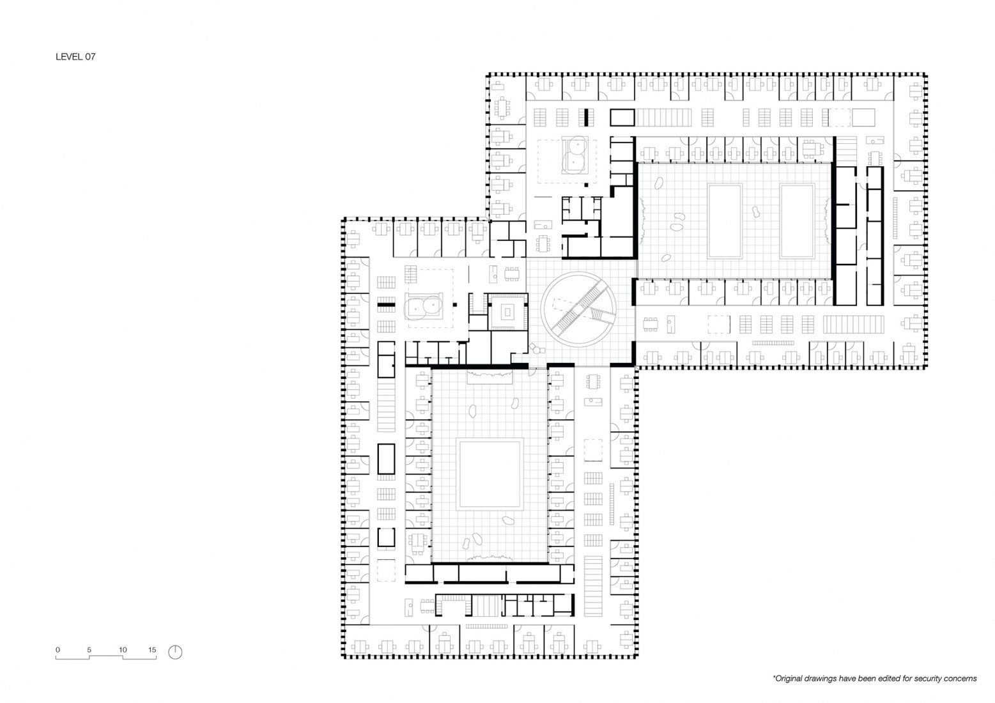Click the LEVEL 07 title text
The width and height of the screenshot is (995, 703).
pos(76,57)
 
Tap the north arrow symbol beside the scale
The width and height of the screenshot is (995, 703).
pos(175,652)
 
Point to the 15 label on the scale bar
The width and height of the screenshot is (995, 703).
pos(152,650)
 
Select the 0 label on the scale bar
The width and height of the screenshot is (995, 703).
pos(58,650)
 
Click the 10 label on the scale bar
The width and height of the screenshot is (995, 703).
pos(123,650)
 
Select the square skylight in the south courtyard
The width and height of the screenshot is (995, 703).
pos(490,473)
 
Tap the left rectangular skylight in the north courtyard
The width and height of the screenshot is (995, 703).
pos(725,220)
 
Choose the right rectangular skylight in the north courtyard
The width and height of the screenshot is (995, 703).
pos(798,220)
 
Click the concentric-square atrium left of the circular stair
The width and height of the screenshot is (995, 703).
pos(507,312)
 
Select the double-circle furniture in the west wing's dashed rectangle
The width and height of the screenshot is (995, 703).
pos(424,307)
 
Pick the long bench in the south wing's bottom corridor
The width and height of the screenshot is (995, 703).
pos(487,627)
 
